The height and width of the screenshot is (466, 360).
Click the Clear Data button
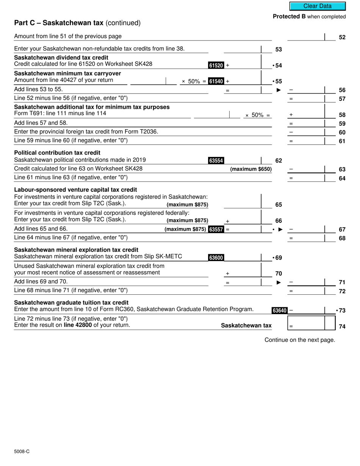pos(317,6)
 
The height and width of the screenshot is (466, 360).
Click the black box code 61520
pos(216,66)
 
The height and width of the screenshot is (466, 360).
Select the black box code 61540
pos(216,81)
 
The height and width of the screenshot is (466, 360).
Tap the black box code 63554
pos(216,161)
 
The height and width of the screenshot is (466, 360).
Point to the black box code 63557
pos(216,229)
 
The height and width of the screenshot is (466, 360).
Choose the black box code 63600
pos(216,258)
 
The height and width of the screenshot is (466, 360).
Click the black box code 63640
pos(279,311)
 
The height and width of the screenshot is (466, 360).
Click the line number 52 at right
pos(342,38)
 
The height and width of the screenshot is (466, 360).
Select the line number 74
pos(342,327)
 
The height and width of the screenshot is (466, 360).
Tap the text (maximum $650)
pos(251,169)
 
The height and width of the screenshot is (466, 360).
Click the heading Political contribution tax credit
pos(57,153)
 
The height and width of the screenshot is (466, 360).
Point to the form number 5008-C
pos(22,451)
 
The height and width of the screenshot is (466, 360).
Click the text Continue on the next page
pos(300,340)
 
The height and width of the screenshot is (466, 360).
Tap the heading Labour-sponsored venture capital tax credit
pos(75,190)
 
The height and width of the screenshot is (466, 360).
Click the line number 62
pos(279,161)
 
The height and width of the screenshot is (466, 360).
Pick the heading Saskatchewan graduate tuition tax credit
pos(71,303)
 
